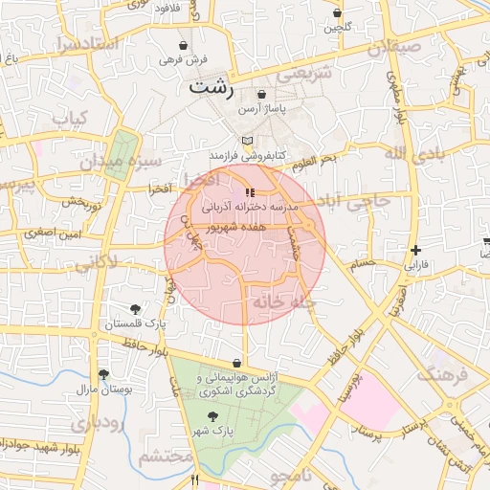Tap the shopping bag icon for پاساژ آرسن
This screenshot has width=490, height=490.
(x=261, y=95)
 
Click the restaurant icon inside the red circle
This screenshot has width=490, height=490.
(x=251, y=193)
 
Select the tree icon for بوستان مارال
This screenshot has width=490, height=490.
(x=103, y=374)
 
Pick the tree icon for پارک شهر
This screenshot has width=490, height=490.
(x=212, y=416)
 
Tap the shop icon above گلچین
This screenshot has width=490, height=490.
(x=337, y=13)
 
